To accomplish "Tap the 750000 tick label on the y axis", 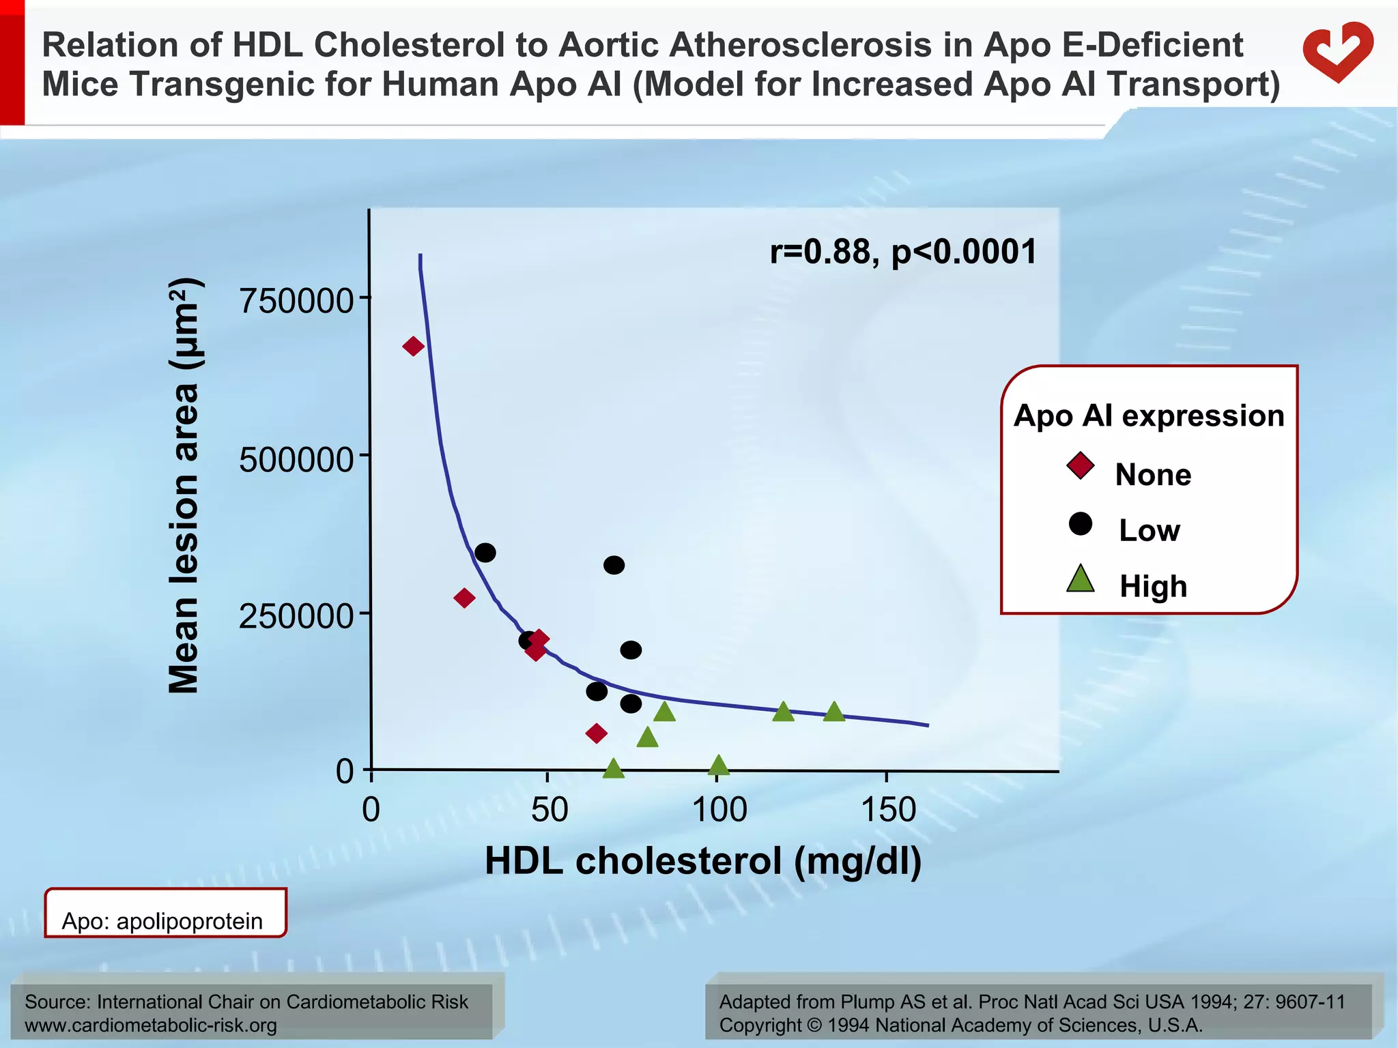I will pyautogui.click(x=296, y=300).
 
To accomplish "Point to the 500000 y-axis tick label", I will pyautogui.click(x=296, y=459).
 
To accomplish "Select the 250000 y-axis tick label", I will pyautogui.click(x=296, y=616).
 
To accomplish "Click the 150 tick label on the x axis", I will pyautogui.click(x=887, y=811).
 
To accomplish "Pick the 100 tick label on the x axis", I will pyautogui.click(x=719, y=811).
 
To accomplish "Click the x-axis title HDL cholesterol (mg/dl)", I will pyautogui.click(x=703, y=861).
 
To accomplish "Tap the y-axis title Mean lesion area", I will pyautogui.click(x=183, y=486).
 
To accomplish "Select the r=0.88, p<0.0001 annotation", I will pyautogui.click(x=903, y=252).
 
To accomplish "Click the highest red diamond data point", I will pyautogui.click(x=413, y=347).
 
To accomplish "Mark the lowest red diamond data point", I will pyautogui.click(x=596, y=733).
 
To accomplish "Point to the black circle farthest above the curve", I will pyautogui.click(x=614, y=565).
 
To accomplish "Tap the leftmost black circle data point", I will pyautogui.click(x=485, y=553).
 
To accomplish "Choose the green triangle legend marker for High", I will pyautogui.click(x=1081, y=580).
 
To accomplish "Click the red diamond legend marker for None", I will pyautogui.click(x=1081, y=467).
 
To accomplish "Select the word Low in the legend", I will pyautogui.click(x=1149, y=531).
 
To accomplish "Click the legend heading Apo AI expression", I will pyautogui.click(x=1149, y=416).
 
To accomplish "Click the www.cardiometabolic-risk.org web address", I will pyautogui.click(x=151, y=1025).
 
